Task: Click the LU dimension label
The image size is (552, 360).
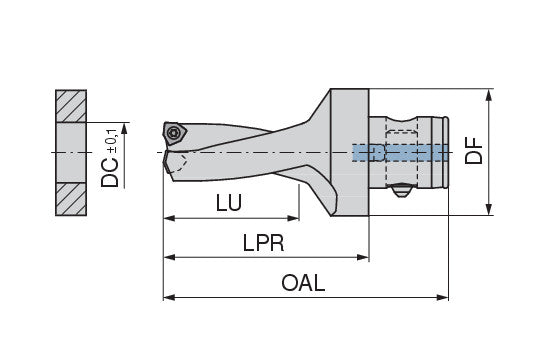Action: click(229, 202)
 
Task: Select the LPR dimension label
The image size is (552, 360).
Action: click(263, 243)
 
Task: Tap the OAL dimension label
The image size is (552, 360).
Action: click(303, 283)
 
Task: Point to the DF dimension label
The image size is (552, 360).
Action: click(473, 151)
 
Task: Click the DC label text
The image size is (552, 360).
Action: click(110, 172)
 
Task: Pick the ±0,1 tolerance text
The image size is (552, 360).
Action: click(113, 141)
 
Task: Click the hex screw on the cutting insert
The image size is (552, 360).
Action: click(174, 133)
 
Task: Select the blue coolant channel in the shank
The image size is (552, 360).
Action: click(400, 153)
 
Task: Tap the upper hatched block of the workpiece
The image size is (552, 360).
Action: click(71, 106)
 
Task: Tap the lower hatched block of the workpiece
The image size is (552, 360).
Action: click(71, 199)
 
